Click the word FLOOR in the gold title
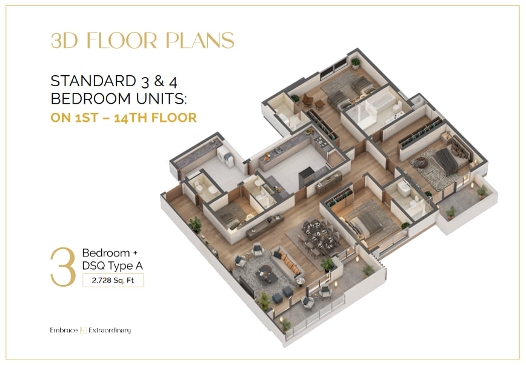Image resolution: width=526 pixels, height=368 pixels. pos(122,41)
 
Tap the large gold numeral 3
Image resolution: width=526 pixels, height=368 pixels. pos(63,267)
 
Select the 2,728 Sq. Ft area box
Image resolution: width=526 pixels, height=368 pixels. pos(113,281)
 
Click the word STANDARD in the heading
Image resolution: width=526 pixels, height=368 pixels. pos(93,81)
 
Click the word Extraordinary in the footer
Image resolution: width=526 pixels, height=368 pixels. pos(110,330)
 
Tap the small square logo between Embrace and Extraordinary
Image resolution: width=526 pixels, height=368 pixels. pos(83,330)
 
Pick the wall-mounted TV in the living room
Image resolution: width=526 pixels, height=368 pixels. pos(246,286)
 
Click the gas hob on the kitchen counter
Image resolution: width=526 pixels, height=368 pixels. pos(321,142)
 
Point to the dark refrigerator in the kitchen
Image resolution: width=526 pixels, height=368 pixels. pos(307,178)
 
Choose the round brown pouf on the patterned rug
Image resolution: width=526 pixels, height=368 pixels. pos(421,162)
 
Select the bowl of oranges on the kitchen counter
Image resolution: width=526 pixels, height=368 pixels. pos(267,156)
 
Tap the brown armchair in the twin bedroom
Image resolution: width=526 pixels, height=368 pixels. pos(307,99)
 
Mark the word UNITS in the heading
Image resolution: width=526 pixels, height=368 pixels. pos(161,99)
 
